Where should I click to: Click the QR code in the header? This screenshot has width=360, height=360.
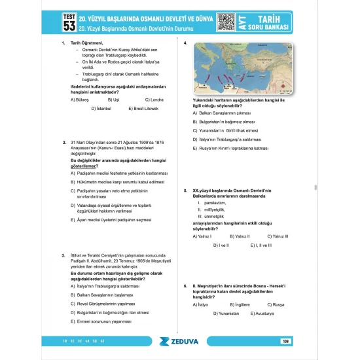pyautogui.click(x=226, y=21)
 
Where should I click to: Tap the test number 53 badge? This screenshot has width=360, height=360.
pyautogui.click(x=69, y=22)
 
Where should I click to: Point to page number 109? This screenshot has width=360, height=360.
pyautogui.click(x=285, y=340)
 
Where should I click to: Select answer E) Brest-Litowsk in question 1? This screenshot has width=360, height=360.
pyautogui.click(x=144, y=108)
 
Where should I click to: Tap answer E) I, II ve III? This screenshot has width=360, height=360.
pyautogui.click(x=261, y=245)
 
